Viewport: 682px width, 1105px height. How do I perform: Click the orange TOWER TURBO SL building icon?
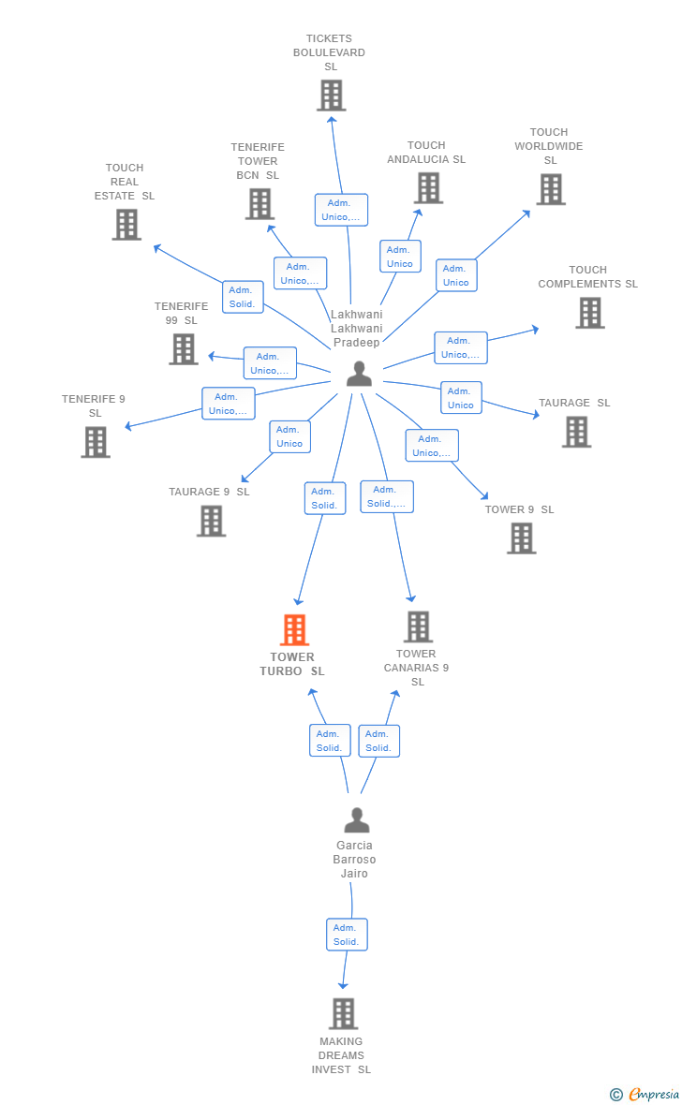(x=294, y=630)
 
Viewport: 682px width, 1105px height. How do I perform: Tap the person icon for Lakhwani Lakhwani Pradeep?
(x=359, y=374)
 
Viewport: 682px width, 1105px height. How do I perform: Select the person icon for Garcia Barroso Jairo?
(x=356, y=820)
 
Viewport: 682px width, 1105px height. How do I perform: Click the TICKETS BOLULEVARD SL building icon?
(x=331, y=96)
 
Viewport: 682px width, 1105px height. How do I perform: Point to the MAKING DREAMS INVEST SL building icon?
(x=343, y=1013)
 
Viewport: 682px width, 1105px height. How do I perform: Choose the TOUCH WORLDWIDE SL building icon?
(x=550, y=189)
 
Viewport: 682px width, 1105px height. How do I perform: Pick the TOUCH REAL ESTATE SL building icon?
(x=126, y=225)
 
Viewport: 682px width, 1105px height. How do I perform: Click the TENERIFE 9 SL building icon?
(x=96, y=442)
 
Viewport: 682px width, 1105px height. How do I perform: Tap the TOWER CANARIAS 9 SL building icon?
(x=418, y=627)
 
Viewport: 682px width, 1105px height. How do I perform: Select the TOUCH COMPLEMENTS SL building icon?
(x=589, y=313)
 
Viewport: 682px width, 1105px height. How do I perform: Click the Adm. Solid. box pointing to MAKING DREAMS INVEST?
(x=347, y=935)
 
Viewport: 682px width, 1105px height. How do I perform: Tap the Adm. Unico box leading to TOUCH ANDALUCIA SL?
(x=400, y=257)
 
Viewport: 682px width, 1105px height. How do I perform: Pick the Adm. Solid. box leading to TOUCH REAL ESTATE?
(x=243, y=297)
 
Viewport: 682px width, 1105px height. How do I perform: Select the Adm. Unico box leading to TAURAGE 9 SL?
(x=289, y=436)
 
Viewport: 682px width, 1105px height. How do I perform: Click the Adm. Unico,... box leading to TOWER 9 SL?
(x=432, y=446)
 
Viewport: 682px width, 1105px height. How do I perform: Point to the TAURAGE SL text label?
(x=574, y=403)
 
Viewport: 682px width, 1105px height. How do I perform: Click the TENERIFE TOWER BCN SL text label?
(x=258, y=161)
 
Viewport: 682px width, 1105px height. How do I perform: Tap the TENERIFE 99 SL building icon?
(x=184, y=349)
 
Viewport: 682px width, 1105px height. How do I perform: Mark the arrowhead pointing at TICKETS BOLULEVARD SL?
(x=331, y=118)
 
